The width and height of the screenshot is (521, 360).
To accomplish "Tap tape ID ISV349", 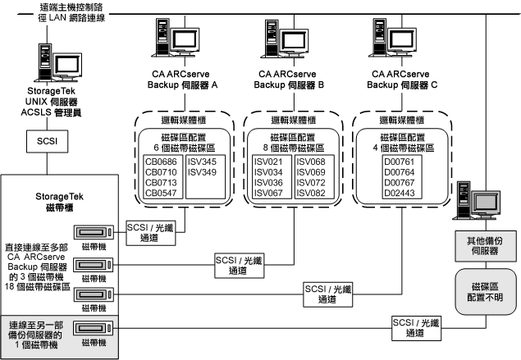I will [x=202, y=173].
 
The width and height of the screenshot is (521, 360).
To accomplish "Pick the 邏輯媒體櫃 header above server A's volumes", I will [x=182, y=120].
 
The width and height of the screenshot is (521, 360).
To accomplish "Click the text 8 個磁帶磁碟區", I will [x=291, y=148].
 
